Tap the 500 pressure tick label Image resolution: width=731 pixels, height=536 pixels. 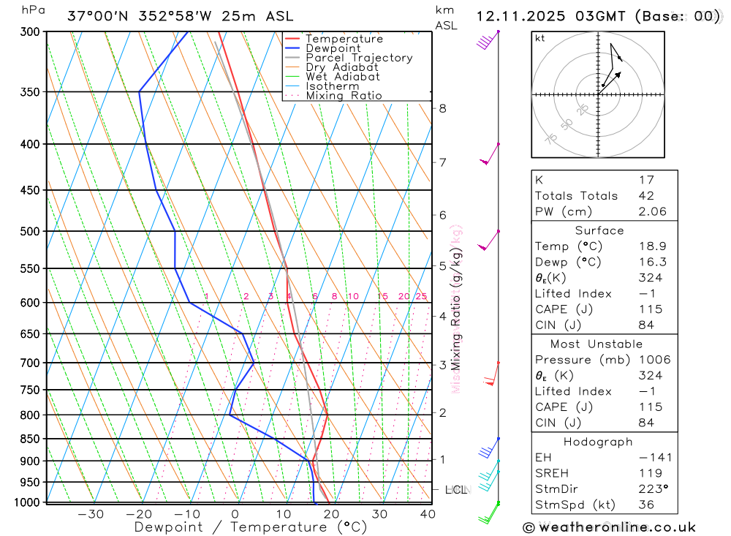tap(31, 231)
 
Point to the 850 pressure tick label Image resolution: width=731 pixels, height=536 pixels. tap(31, 439)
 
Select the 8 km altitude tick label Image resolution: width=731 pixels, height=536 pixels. tap(442, 108)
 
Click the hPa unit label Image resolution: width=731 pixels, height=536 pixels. tap(31, 10)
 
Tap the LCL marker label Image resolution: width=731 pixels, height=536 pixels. tap(455, 489)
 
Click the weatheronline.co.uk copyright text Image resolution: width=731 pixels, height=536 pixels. tap(610, 526)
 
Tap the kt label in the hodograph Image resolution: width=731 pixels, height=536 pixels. tap(540, 38)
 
